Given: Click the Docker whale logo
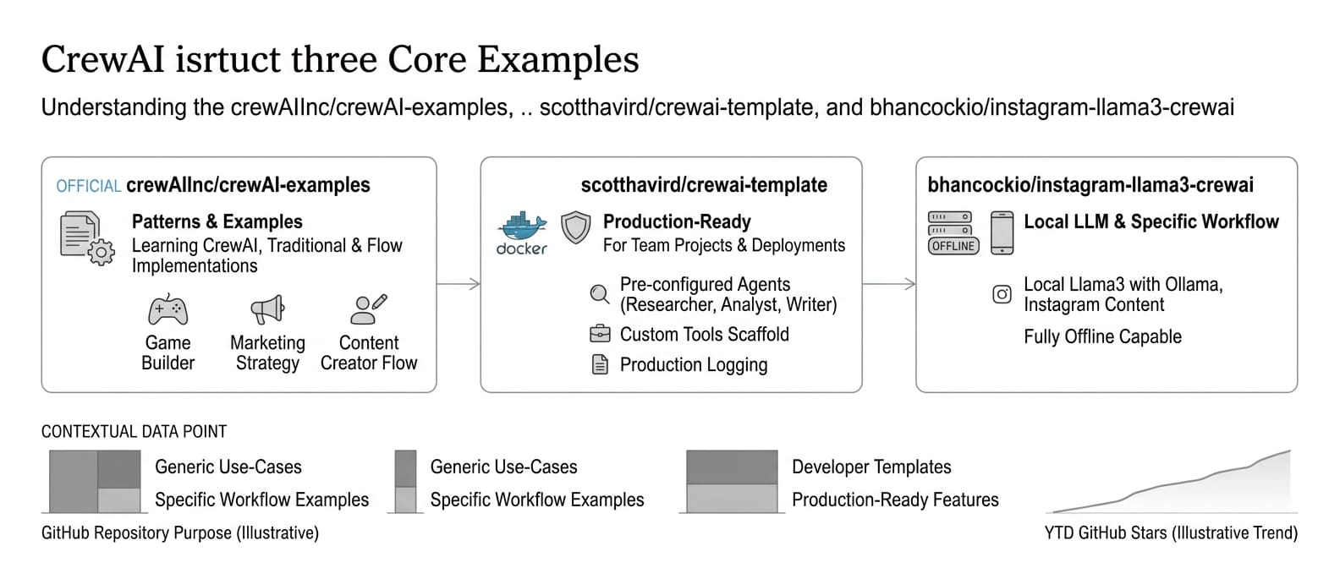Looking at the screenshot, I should click(521, 227).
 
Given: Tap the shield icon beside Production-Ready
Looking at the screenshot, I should click(575, 227).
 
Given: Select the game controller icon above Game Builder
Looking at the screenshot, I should click(167, 310).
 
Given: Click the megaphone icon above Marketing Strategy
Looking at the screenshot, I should click(267, 309).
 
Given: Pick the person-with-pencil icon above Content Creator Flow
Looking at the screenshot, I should click(368, 309).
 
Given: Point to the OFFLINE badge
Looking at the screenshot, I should click(953, 246).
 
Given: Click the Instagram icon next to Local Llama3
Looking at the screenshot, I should click(1002, 294).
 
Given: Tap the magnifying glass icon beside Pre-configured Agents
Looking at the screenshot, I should click(599, 294).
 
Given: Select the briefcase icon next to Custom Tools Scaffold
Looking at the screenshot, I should click(599, 334).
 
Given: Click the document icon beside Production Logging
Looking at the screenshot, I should click(600, 365).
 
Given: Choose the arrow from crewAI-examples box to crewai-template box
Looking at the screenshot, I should click(459, 284).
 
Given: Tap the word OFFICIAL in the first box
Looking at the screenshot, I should click(89, 186).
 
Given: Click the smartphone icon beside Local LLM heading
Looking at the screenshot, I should click(1002, 232).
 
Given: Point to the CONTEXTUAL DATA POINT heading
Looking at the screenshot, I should click(134, 432).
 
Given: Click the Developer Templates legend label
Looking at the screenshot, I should click(870, 467).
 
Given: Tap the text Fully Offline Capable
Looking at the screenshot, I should click(1102, 336).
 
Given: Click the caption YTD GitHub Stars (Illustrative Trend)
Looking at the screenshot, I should click(1171, 532).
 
